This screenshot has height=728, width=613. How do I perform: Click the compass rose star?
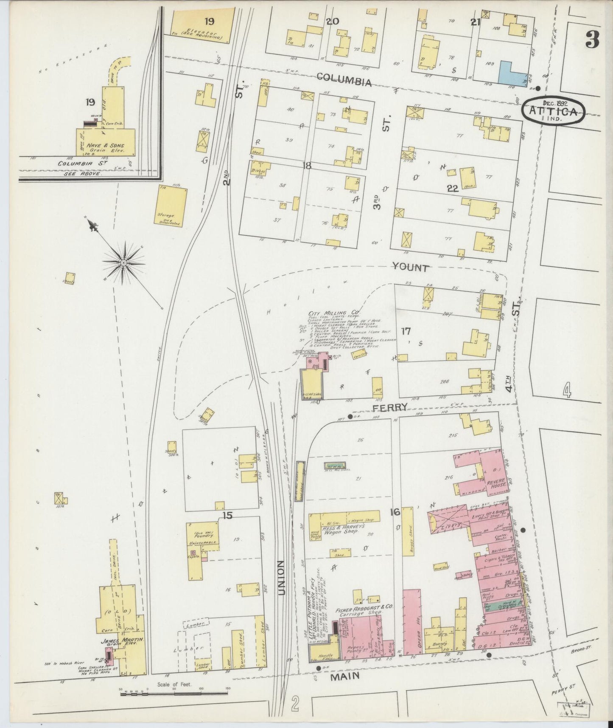[123, 263]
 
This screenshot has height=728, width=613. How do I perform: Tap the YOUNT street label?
[410, 267]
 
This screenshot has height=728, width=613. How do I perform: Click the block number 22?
[453, 189]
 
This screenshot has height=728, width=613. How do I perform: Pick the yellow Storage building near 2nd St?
[172, 206]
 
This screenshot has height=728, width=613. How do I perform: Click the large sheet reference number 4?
[567, 390]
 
